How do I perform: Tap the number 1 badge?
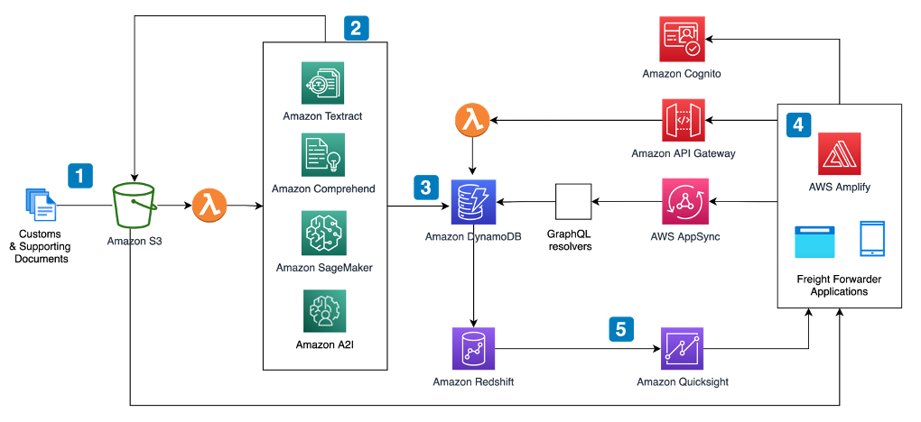click(80, 175)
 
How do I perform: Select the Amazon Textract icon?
click(322, 84)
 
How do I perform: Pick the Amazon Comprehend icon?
click(322, 155)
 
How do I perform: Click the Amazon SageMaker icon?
click(323, 234)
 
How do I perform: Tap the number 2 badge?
click(356, 28)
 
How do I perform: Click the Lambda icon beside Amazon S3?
click(209, 205)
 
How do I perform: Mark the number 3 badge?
click(426, 187)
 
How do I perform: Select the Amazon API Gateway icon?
click(683, 121)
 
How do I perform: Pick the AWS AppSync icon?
click(685, 201)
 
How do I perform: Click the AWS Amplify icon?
click(839, 153)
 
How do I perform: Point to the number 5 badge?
click(620, 329)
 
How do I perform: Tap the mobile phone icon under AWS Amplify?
click(872, 240)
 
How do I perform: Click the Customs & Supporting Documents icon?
click(41, 205)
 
